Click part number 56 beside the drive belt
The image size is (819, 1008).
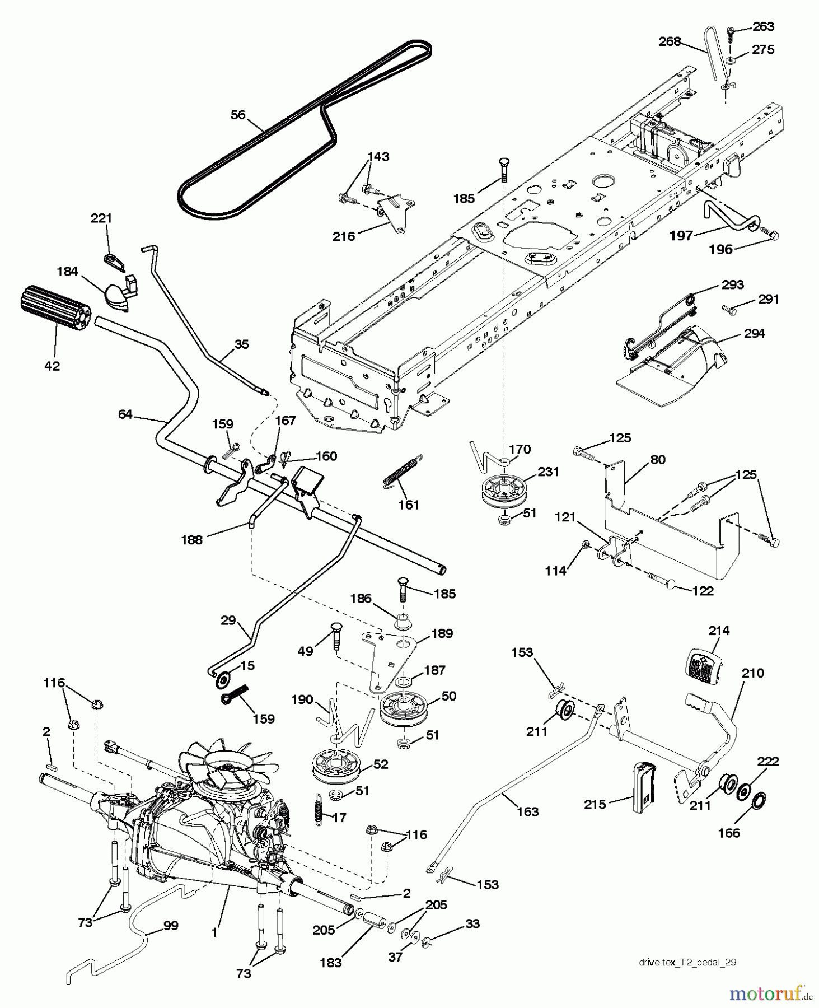238,115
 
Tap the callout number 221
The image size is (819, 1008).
101,218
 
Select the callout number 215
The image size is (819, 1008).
595,804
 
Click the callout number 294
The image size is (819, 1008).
754,334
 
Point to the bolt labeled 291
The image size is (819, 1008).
728,307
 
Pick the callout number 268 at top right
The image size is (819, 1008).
670,41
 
